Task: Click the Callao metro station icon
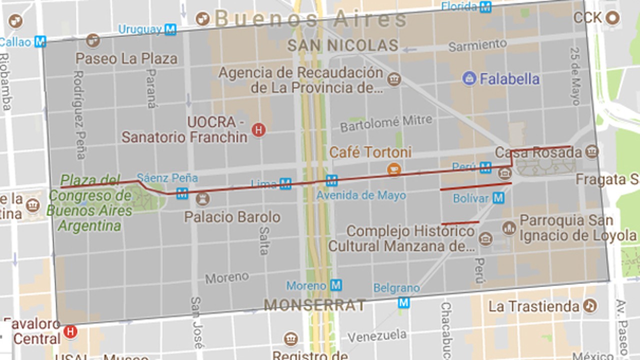pos(40,42)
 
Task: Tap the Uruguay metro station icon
pos(170,29)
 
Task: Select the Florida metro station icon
pos(485,7)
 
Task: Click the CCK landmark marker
pos(612,18)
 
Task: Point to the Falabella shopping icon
pos(469,78)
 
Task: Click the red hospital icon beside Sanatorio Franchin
pos(258,130)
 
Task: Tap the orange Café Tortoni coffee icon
pos(394,169)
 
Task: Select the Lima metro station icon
pos(285,184)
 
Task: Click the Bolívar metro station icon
pos(498,198)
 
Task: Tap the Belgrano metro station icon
pos(403,302)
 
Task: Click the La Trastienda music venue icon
pos(590,305)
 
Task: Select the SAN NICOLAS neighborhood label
pos(342,46)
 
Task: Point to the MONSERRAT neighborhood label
pos(314,305)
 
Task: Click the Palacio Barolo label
pos(232,217)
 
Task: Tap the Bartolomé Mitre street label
pos(386,123)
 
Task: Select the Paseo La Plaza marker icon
pos(93,40)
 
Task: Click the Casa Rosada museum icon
pos(591,151)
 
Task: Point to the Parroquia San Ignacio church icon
pos(509,228)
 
